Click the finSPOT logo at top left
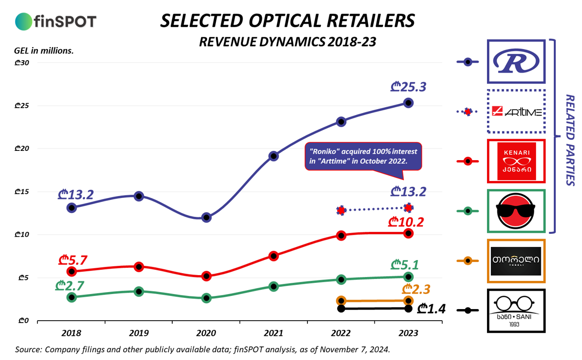[56, 21]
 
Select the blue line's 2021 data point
[274, 156]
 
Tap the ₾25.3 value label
[408, 88]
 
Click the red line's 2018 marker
[72, 271]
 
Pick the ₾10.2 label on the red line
[406, 222]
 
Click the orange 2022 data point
[341, 301]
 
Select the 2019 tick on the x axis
[139, 334]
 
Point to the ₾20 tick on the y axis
[23, 148]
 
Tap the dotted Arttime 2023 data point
[408, 208]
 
